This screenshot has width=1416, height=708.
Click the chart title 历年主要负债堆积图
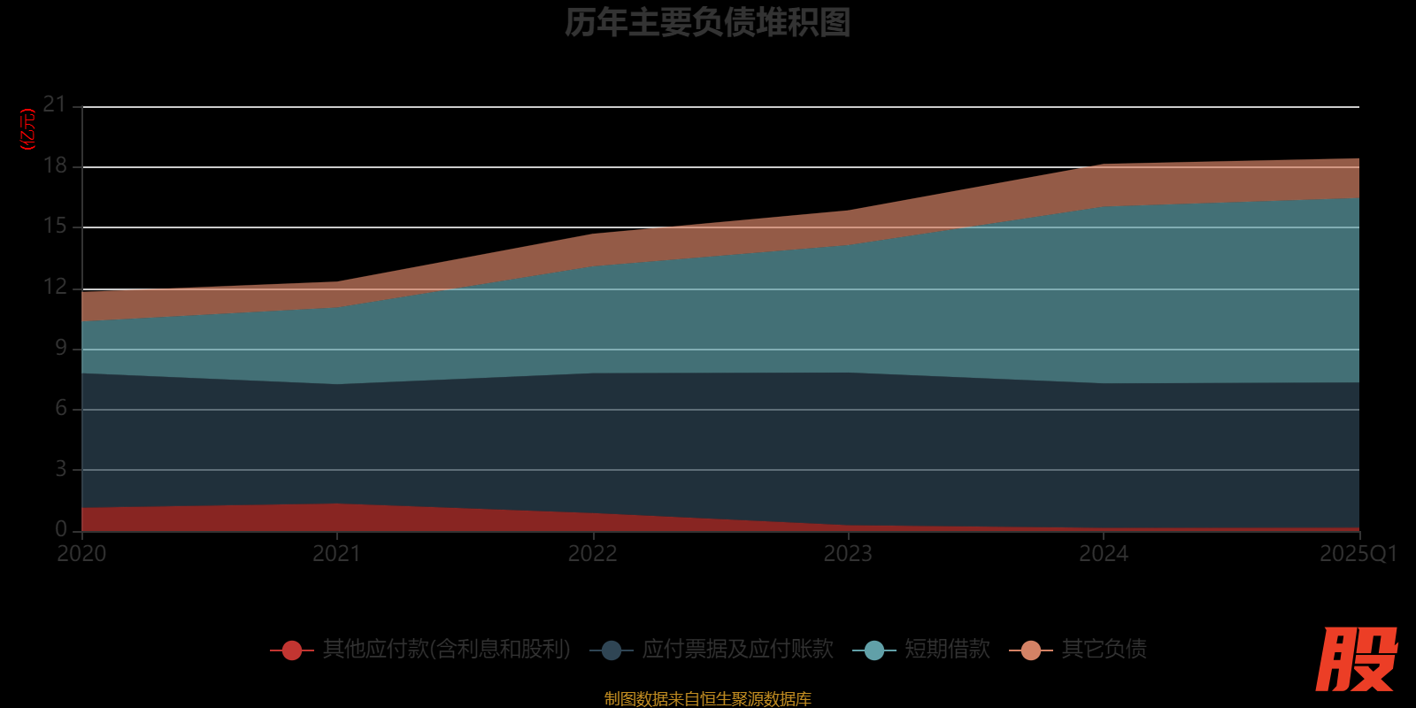tap(707, 23)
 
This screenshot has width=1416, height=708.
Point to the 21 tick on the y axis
tap(55, 105)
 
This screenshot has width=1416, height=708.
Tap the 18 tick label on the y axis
tap(55, 166)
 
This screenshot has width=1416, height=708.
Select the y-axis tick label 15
tap(55, 227)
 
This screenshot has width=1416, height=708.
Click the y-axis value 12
tap(55, 288)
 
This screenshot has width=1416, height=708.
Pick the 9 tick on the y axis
tap(61, 348)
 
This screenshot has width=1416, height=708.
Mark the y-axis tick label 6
tap(61, 408)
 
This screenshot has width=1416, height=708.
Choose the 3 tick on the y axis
tap(61, 469)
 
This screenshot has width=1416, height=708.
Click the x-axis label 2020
tap(81, 554)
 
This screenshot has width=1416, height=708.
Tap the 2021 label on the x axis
tap(336, 554)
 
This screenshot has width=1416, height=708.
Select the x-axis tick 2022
tap(592, 554)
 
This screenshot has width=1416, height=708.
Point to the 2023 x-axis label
tap(848, 554)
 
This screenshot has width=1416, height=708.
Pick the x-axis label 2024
tap(1104, 554)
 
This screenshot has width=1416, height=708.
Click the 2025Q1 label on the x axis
tap(1358, 554)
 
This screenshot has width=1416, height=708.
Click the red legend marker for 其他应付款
tap(292, 650)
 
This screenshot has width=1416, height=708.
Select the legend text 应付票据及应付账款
tap(738, 650)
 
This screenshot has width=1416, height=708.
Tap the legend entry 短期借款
tap(947, 650)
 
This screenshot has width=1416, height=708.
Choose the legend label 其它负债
tap(1104, 650)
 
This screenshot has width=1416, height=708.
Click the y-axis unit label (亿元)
tap(28, 129)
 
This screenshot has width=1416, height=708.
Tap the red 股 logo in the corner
tap(1356, 659)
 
